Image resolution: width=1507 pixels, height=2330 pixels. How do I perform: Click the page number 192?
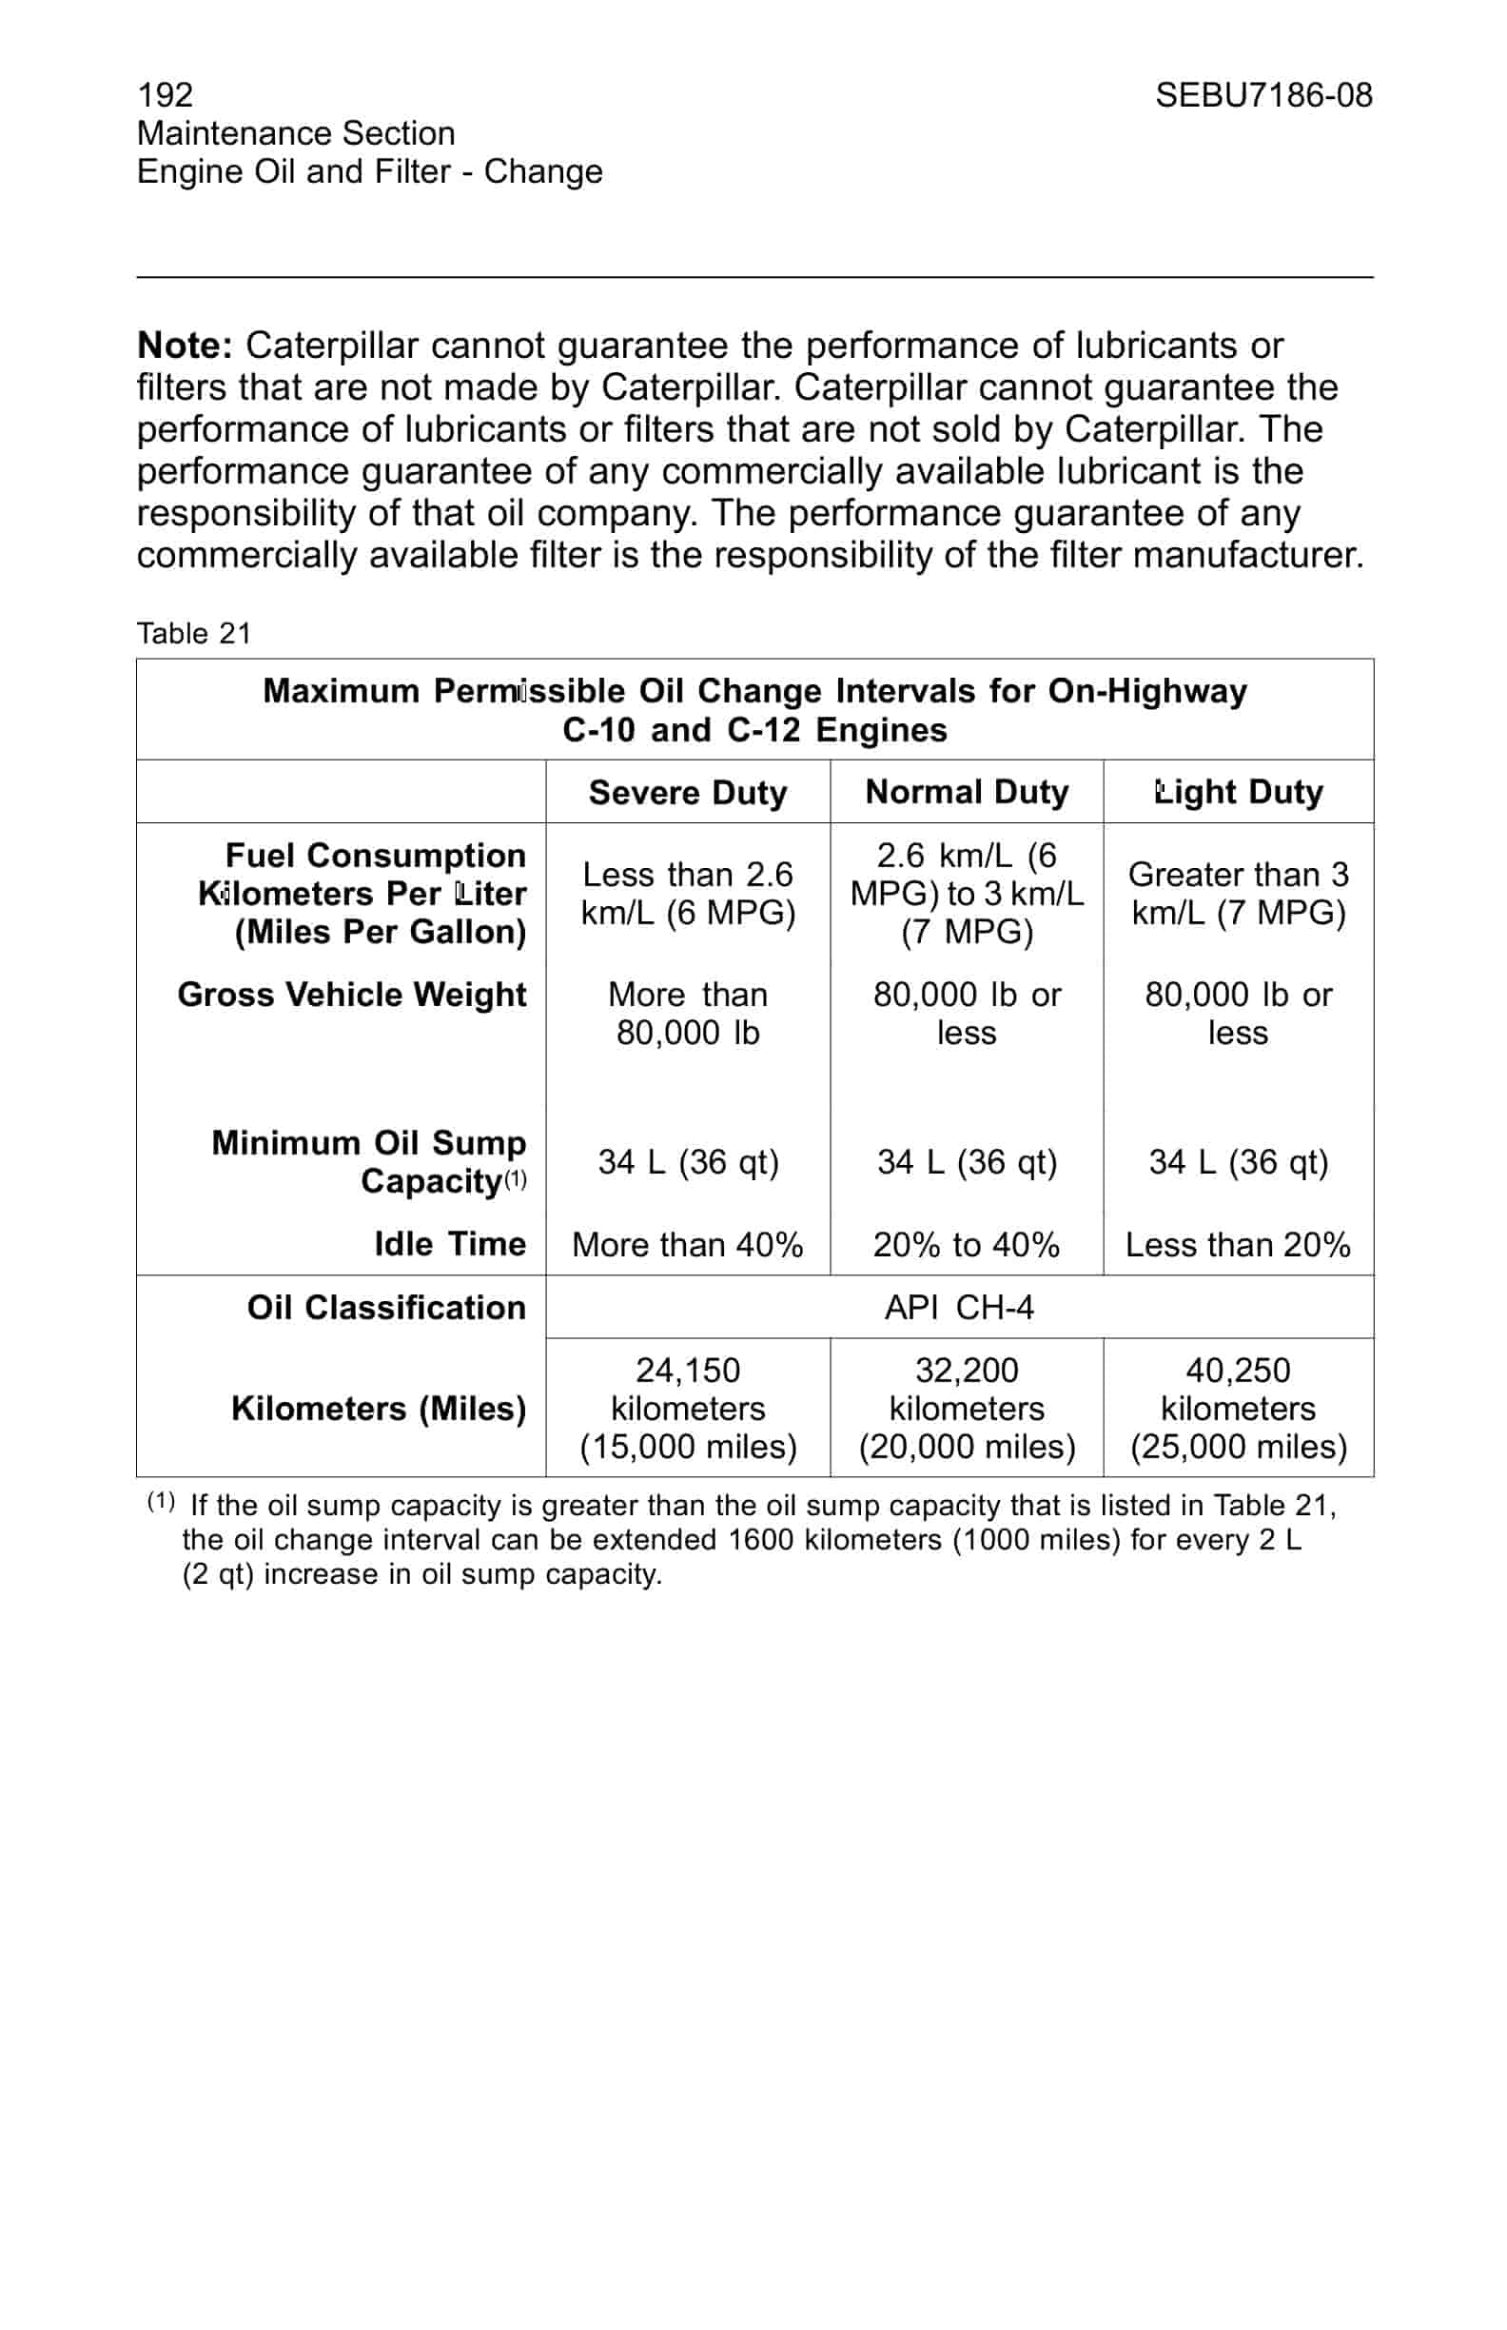[166, 95]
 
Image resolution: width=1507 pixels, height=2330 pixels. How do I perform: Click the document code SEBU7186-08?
[1262, 95]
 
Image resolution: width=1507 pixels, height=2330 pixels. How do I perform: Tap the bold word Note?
[185, 346]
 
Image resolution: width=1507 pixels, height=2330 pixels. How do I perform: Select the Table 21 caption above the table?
[194, 633]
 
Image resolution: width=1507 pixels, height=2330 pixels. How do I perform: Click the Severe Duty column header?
[687, 792]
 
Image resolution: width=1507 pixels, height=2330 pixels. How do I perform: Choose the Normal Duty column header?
[966, 791]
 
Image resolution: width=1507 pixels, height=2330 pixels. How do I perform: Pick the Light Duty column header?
[1238, 791]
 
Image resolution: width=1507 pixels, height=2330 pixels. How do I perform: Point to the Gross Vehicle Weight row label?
[351, 994]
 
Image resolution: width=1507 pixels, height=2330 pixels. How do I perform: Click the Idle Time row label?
[449, 1243]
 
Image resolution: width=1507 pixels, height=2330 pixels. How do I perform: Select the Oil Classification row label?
[385, 1307]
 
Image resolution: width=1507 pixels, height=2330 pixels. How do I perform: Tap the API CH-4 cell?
[958, 1307]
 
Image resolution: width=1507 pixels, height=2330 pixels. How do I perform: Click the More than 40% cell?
[687, 1244]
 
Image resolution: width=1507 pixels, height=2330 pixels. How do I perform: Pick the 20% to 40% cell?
[966, 1244]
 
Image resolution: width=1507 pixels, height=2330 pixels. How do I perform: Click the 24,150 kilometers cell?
[687, 1407]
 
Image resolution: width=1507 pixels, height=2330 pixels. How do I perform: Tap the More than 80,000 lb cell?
[687, 1014]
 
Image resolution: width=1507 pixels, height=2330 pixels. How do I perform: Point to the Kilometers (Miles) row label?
[378, 1408]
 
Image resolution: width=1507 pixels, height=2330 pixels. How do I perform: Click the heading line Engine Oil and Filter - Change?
[369, 171]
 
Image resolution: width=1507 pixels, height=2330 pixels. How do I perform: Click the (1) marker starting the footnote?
[161, 1501]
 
